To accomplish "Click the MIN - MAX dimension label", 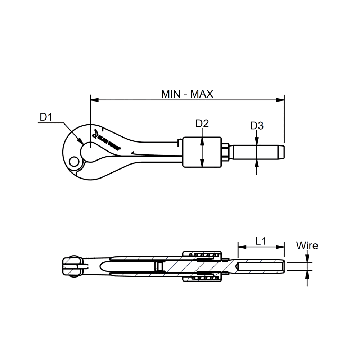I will pos(187,94).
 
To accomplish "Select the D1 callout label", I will pos(46,117).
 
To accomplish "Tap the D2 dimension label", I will pos(202,124).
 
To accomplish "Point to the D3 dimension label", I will pos(257,126).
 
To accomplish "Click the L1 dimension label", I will pos(261,241).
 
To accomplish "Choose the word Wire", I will pos(307,246).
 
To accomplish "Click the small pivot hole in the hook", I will pos(74,162).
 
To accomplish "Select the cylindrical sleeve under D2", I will pos(202,152).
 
